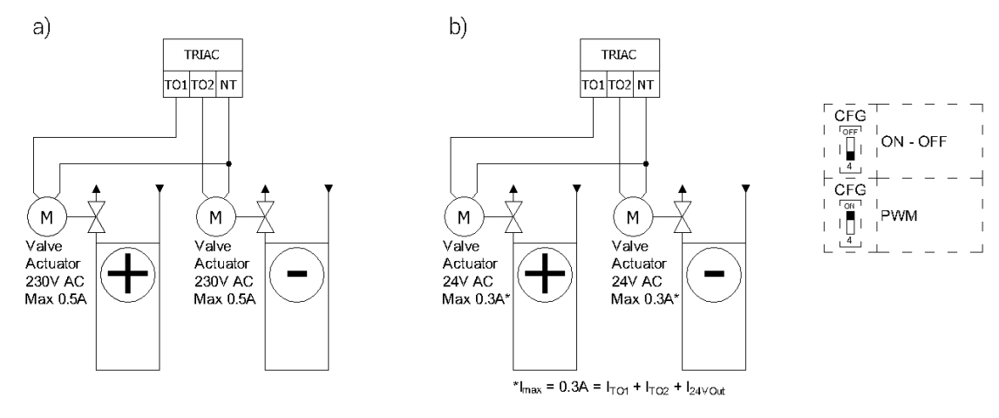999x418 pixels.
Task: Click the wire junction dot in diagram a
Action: point(228,163)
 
